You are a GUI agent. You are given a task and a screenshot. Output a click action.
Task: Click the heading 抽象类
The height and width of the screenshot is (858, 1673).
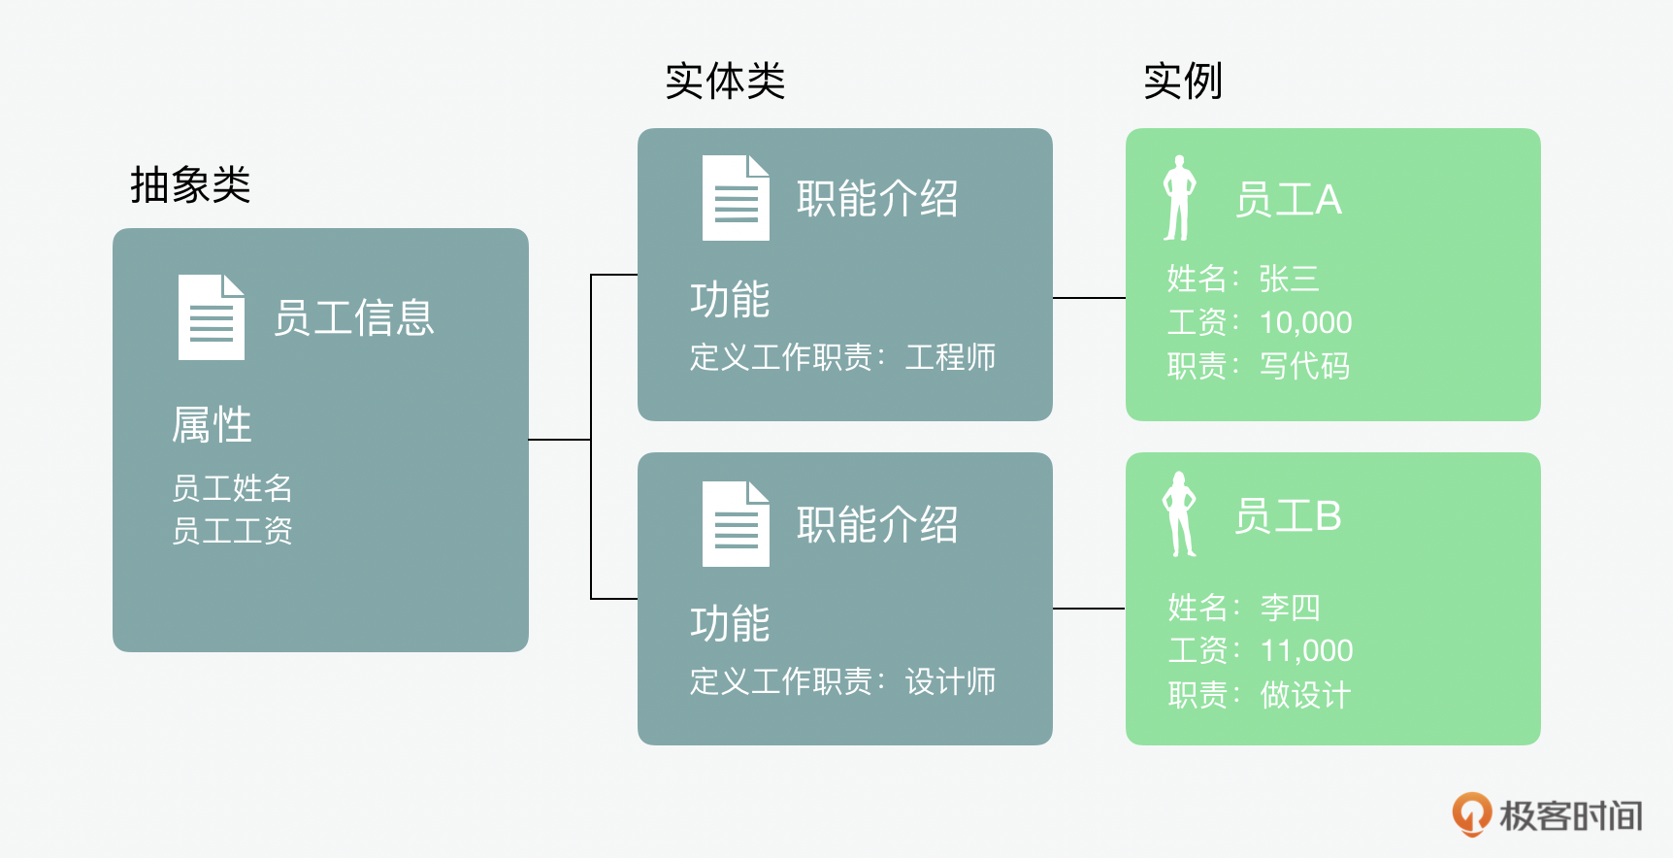pyautogui.click(x=190, y=184)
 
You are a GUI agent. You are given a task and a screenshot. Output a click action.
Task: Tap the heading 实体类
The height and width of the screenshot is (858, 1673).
pyautogui.click(x=724, y=82)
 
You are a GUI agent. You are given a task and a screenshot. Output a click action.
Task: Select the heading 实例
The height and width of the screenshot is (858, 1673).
pyautogui.click(x=1182, y=82)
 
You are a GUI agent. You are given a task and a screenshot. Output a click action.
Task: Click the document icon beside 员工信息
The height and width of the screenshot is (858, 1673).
pyautogui.click(x=211, y=317)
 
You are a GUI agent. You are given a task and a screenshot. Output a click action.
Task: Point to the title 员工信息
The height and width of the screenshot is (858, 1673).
pyautogui.click(x=353, y=318)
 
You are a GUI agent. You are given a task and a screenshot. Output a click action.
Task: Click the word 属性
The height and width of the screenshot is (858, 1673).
pyautogui.click(x=212, y=425)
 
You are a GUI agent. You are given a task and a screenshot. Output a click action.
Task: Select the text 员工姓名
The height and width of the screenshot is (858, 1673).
pyautogui.click(x=232, y=487)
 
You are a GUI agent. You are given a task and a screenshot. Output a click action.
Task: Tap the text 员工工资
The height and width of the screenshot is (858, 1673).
pyautogui.click(x=232, y=531)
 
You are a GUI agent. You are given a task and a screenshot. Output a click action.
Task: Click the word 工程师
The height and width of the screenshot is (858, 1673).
pyautogui.click(x=950, y=357)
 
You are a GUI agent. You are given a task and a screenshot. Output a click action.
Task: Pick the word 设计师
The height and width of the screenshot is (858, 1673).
pyautogui.click(x=950, y=681)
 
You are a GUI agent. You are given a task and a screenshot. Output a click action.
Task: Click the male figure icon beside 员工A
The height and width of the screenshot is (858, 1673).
pyautogui.click(x=1179, y=198)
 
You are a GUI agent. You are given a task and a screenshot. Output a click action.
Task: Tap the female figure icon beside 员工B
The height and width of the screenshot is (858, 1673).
pyautogui.click(x=1179, y=515)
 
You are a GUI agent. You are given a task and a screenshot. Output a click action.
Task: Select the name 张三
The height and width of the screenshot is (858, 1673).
pyautogui.click(x=1289, y=280)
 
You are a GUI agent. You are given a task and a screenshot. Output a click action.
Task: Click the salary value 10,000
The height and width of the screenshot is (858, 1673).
pyautogui.click(x=1305, y=322)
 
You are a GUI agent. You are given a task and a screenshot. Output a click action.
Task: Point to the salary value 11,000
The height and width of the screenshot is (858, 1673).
pyautogui.click(x=1306, y=650)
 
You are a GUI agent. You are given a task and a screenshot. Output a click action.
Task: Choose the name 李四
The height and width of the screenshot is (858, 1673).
pyautogui.click(x=1290, y=608)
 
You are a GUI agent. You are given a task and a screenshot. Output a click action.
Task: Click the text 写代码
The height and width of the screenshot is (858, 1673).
pyautogui.click(x=1304, y=366)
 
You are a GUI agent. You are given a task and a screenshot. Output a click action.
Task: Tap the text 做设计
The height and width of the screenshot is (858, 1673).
pyautogui.click(x=1304, y=695)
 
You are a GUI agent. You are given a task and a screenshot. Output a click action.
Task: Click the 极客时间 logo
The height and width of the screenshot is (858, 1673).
pyautogui.click(x=1547, y=815)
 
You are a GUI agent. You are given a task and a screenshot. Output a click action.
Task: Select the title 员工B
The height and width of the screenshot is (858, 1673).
pyautogui.click(x=1288, y=516)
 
